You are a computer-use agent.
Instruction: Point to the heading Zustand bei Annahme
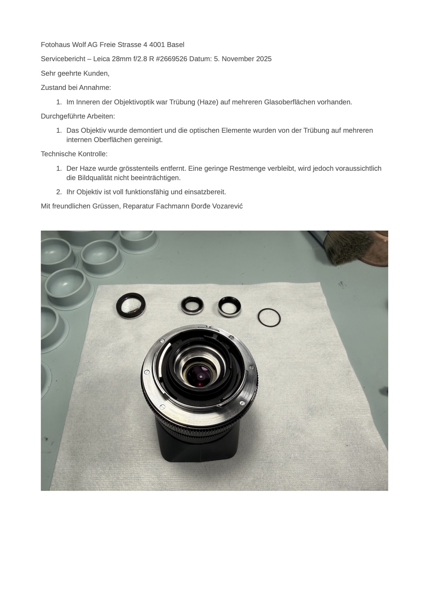click(x=76, y=87)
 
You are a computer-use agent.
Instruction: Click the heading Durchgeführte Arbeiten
click(x=78, y=116)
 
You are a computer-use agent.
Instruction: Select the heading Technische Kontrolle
click(x=74, y=154)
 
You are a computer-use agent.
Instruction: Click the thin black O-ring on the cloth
click(x=269, y=317)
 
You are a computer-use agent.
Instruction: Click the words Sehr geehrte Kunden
click(x=75, y=73)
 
